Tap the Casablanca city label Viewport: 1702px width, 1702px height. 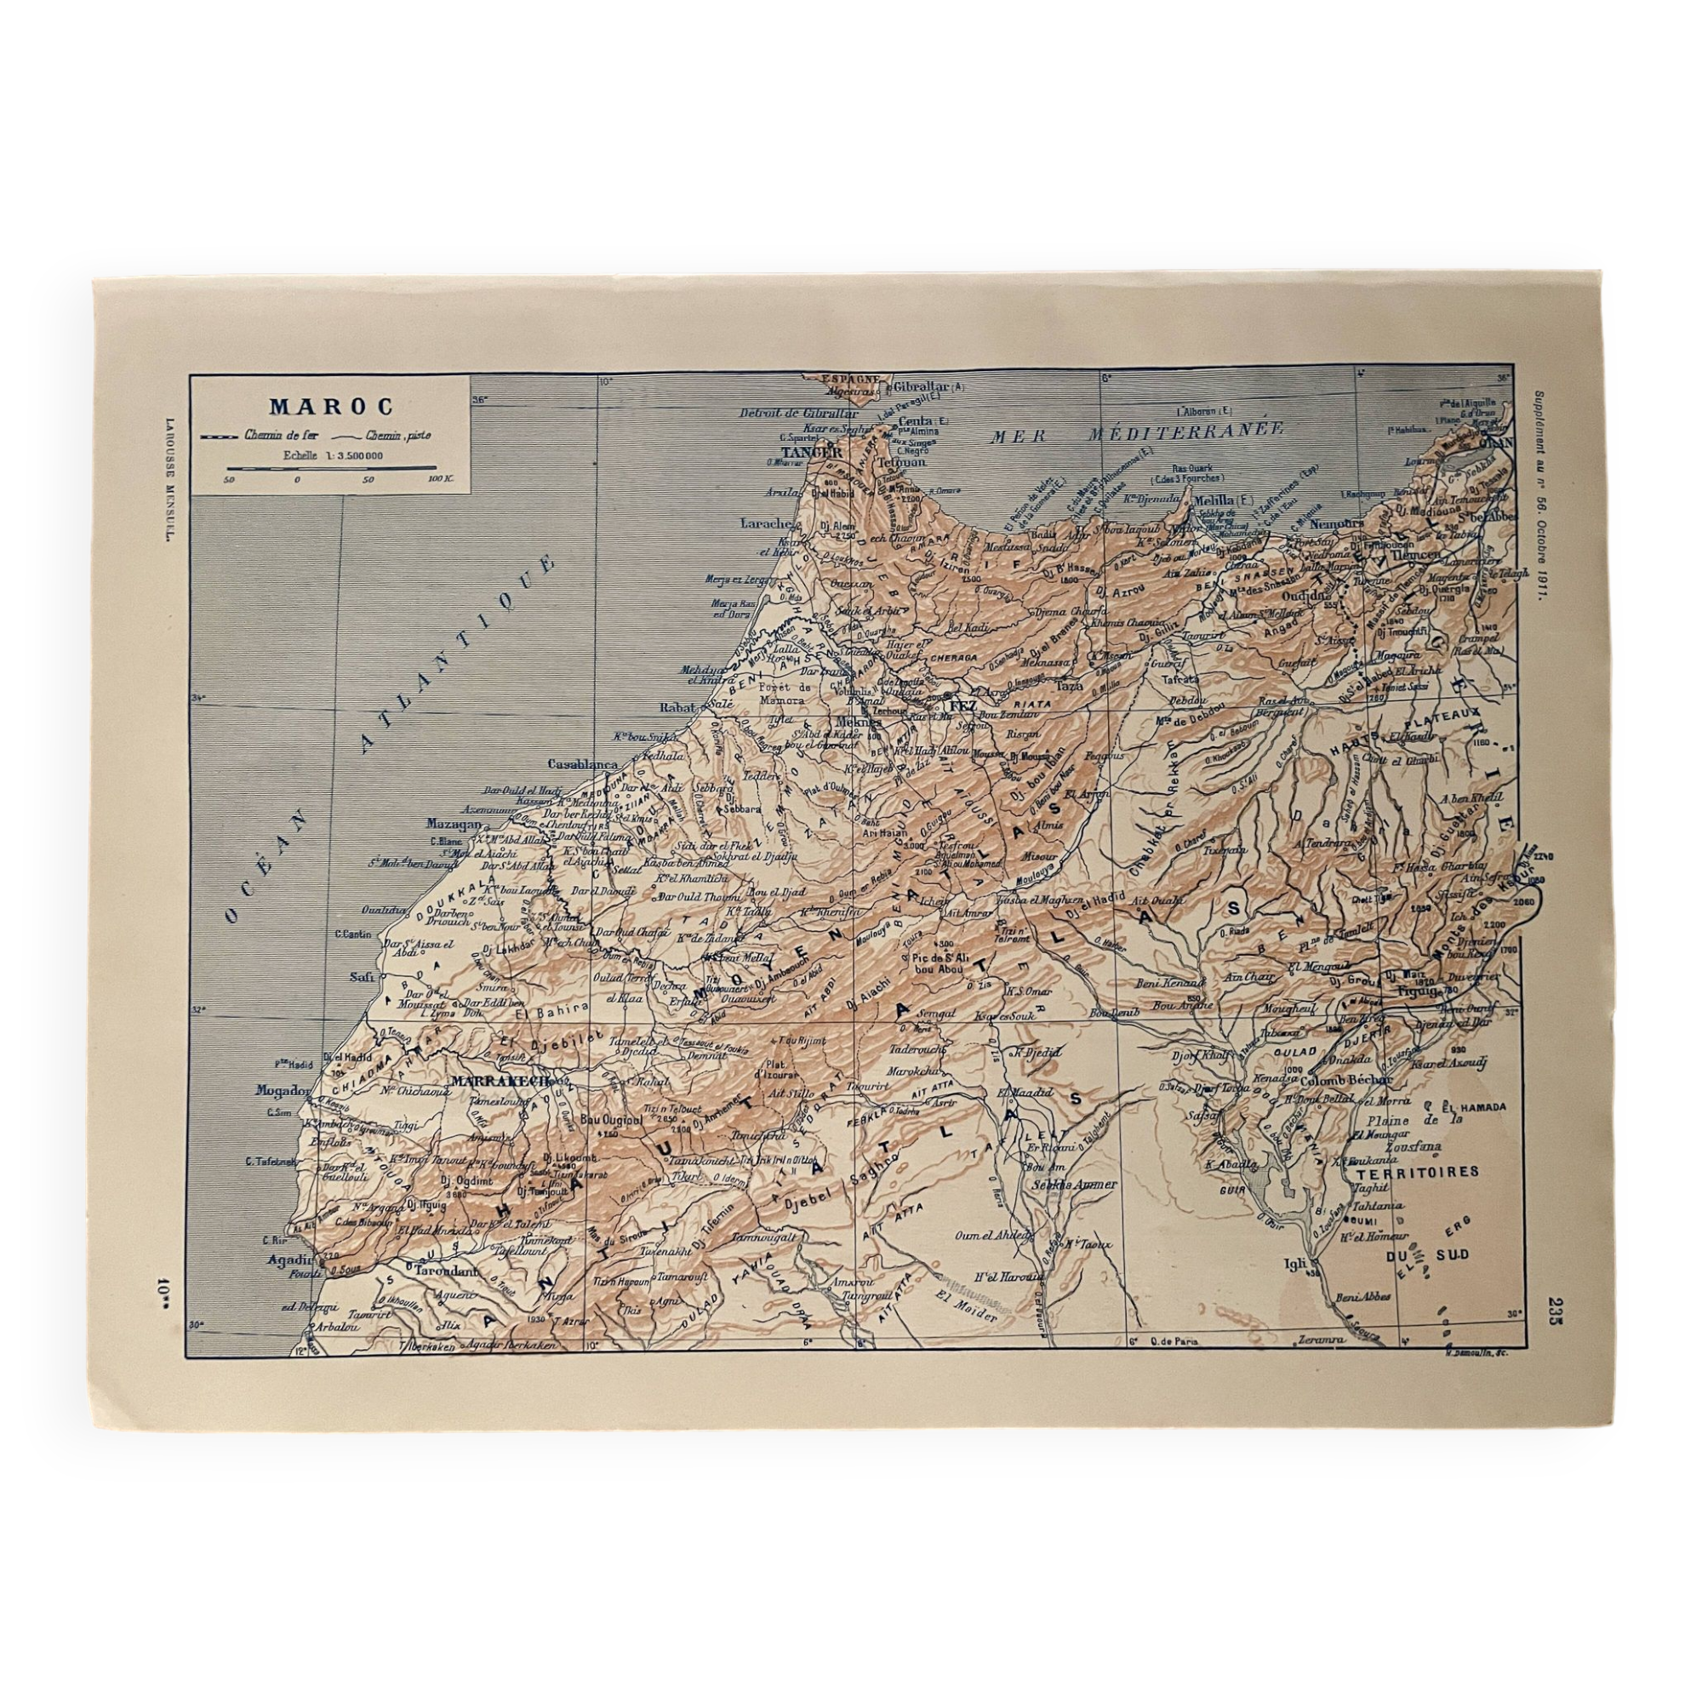coord(582,764)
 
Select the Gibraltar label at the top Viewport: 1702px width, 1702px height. coord(920,386)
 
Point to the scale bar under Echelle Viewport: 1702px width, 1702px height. coord(331,467)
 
